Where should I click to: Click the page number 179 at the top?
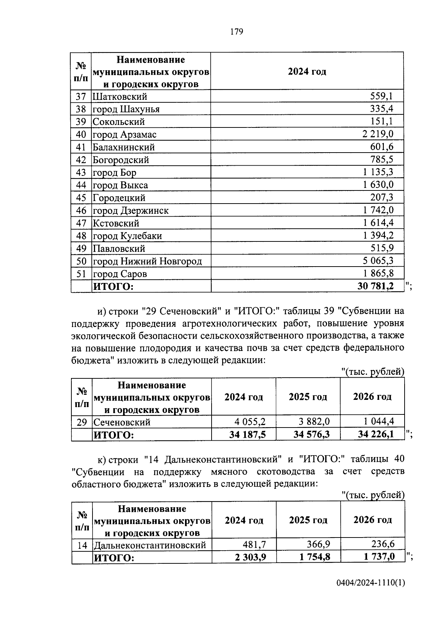pyautogui.click(x=236, y=32)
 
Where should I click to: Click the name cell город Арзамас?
pyautogui.click(x=125, y=134)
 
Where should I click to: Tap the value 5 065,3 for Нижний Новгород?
pyautogui.click(x=378, y=261)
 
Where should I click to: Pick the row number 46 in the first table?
pyautogui.click(x=81, y=210)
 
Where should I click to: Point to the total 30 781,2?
pyautogui.click(x=375, y=286)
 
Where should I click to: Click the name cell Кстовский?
pyautogui.click(x=116, y=223)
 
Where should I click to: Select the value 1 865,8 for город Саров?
pyautogui.click(x=378, y=273)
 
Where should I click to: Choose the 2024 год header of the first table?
pyautogui.click(x=307, y=71)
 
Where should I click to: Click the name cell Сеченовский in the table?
pyautogui.click(x=122, y=422)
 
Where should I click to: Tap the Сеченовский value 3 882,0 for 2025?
pyautogui.click(x=314, y=422)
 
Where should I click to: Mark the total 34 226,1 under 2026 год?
pyautogui.click(x=375, y=434)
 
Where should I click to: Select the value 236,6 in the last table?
pyautogui.click(x=383, y=544)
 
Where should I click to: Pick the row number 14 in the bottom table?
pyautogui.click(x=82, y=545)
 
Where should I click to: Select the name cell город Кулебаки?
pyautogui.click(x=127, y=236)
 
